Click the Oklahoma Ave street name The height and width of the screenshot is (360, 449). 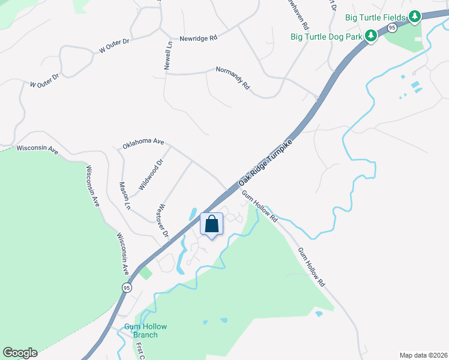143,144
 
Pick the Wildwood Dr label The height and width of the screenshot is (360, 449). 151,175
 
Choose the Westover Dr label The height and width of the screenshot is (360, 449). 162,222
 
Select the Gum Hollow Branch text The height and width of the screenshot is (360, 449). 145,331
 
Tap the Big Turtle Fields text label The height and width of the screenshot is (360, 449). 375,16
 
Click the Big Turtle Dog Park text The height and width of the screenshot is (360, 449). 327,37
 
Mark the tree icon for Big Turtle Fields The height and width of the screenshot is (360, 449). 414,16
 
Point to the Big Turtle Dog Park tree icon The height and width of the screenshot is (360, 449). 371,37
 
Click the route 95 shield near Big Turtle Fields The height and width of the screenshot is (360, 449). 392,28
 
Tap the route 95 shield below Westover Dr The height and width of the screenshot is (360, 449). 126,288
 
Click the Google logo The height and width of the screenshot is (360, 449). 20,353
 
